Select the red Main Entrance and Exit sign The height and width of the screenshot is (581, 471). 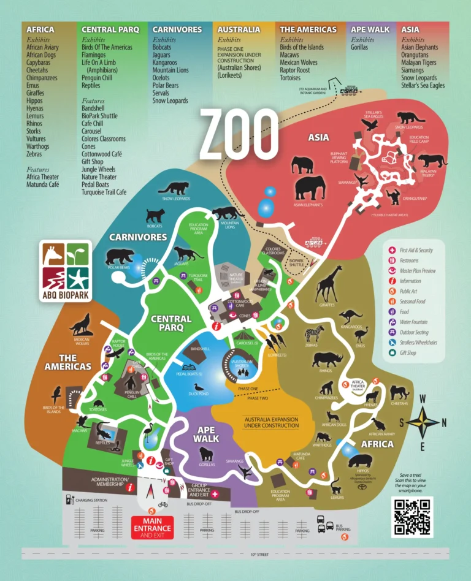(x=153, y=528)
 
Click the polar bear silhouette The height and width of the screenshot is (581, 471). (x=120, y=257)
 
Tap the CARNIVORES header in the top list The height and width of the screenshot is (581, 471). (x=177, y=29)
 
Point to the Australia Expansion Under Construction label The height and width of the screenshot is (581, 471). (x=271, y=422)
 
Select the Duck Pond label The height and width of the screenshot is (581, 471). (x=198, y=395)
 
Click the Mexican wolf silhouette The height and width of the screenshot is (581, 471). (x=81, y=324)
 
